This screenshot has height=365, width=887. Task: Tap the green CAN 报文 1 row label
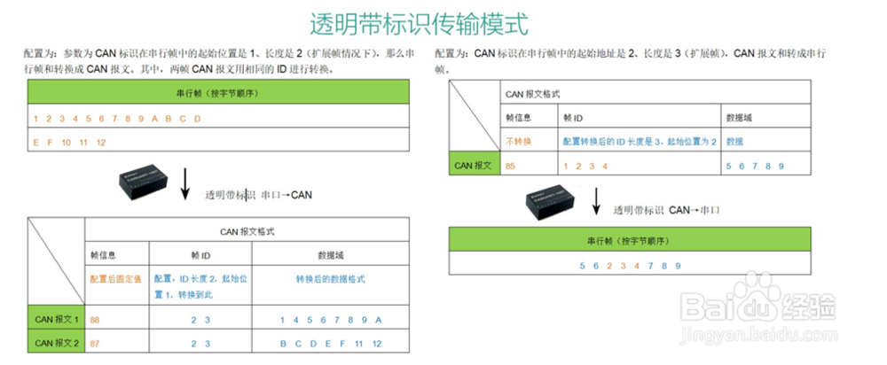coord(57,320)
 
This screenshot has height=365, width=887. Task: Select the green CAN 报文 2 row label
coord(57,343)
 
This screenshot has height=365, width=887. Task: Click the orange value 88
coord(95,320)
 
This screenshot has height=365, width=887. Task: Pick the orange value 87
coord(95,343)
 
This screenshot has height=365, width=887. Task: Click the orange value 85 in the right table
coord(510,166)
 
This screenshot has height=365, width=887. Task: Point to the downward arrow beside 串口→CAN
coord(185,182)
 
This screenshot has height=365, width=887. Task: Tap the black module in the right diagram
coord(552,202)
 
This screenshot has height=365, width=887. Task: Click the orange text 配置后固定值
coord(115,279)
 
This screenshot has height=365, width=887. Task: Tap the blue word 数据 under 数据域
coord(734,142)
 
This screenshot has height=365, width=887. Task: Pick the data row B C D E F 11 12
coord(330,343)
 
